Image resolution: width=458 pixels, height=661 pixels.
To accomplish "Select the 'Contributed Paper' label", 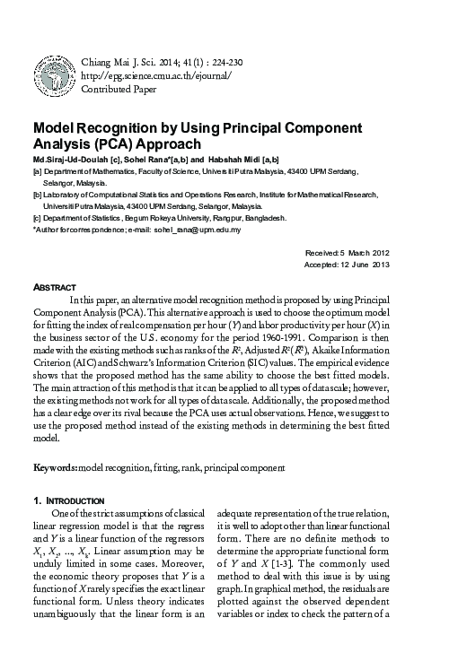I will click(119, 90).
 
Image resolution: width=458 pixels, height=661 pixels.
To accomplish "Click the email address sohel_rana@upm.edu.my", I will click(197, 229).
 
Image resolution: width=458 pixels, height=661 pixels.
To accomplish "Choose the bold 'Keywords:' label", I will click(55, 467).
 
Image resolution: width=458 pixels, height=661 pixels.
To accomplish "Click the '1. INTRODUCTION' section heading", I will click(69, 499).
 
